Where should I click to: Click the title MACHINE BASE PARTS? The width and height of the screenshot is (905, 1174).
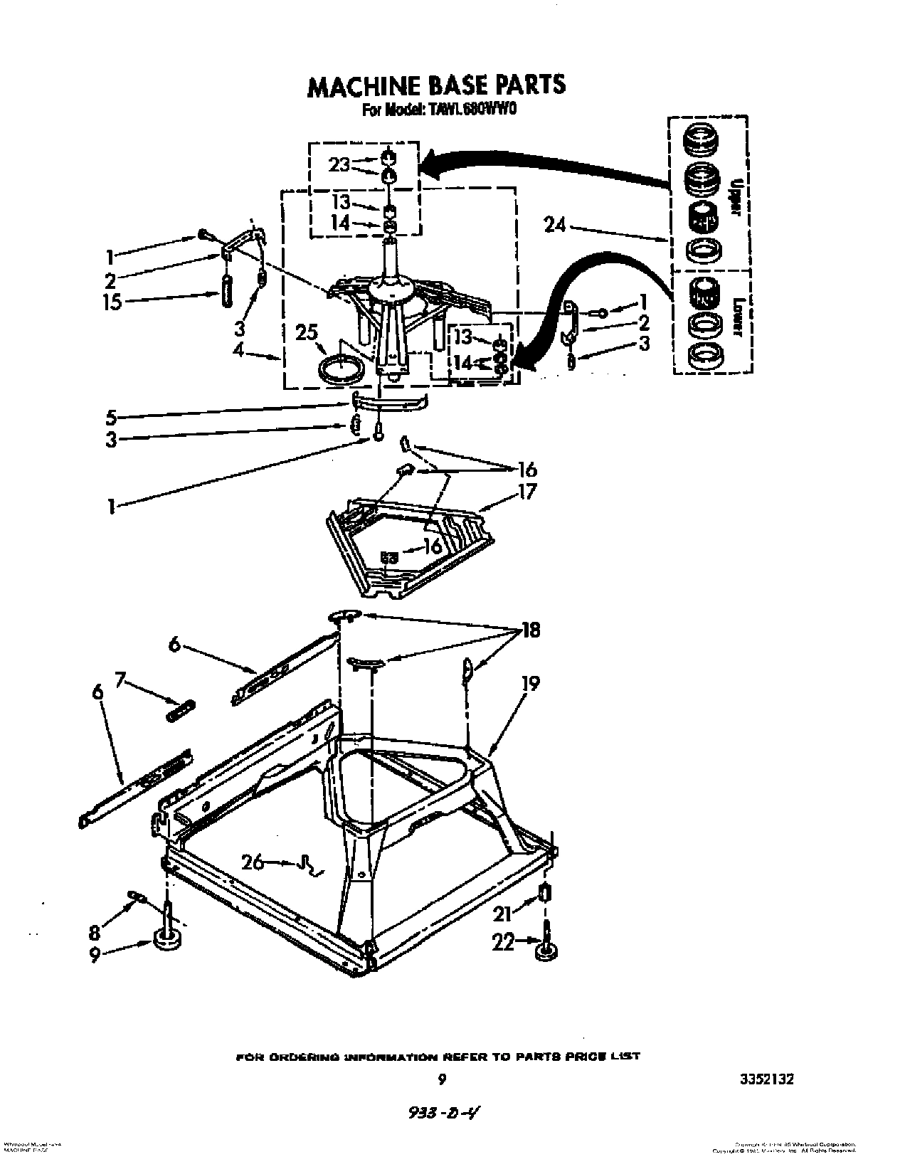point(436,85)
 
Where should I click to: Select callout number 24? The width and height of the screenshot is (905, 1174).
point(555,226)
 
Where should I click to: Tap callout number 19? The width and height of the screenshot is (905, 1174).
point(530,684)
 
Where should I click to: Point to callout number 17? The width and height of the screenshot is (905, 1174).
point(526,491)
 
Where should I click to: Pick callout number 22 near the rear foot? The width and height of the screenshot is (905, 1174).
point(503,942)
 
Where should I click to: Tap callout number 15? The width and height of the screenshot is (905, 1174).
point(113,302)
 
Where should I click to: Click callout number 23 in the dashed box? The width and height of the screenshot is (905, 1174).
point(339,164)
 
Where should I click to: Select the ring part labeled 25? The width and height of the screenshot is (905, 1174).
point(340,371)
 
